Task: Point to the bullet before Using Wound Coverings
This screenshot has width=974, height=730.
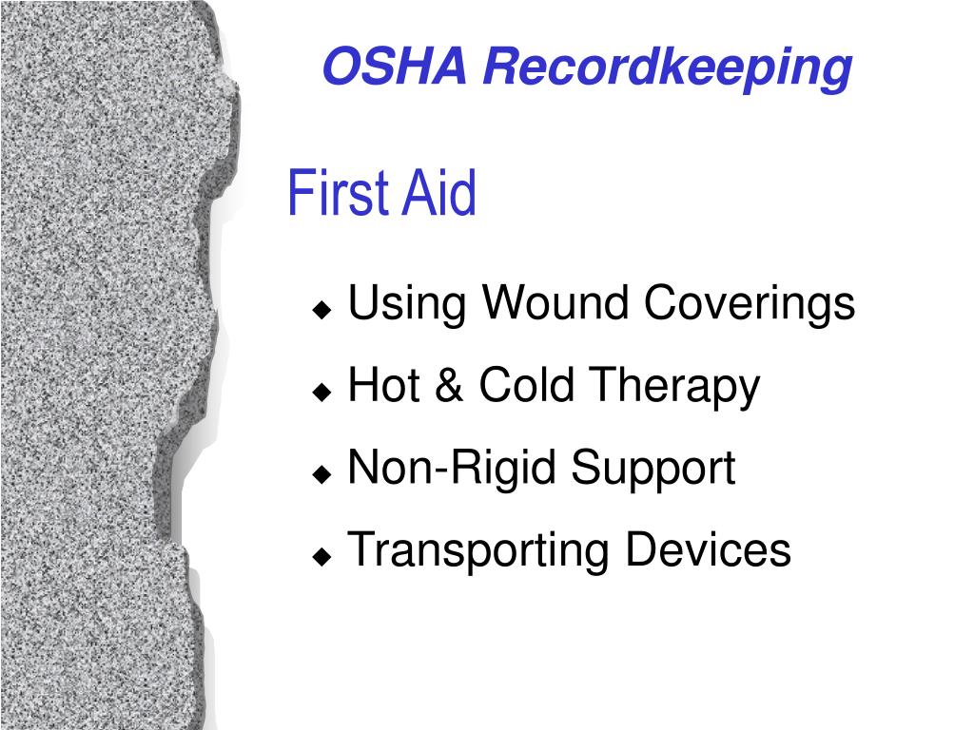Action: (322, 310)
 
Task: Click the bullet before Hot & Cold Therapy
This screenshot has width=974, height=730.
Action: (322, 391)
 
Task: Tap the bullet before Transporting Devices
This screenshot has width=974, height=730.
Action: (322, 554)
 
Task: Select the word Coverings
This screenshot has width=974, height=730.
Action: (750, 305)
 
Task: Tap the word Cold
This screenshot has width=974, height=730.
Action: (524, 386)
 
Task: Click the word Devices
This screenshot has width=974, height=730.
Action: (708, 549)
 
